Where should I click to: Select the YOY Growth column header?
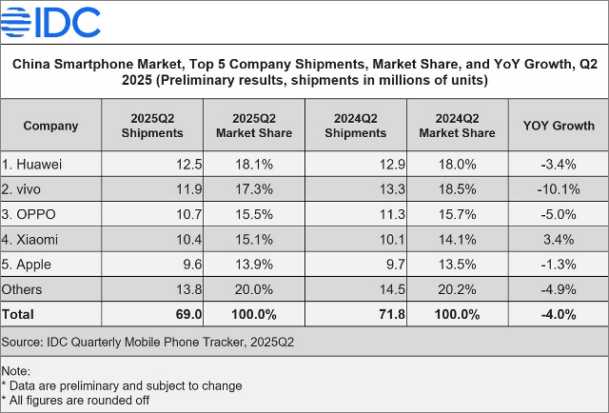click(x=559, y=126)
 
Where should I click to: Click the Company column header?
click(x=50, y=126)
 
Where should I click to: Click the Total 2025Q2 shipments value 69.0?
click(x=187, y=313)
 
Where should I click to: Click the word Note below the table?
click(x=16, y=371)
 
